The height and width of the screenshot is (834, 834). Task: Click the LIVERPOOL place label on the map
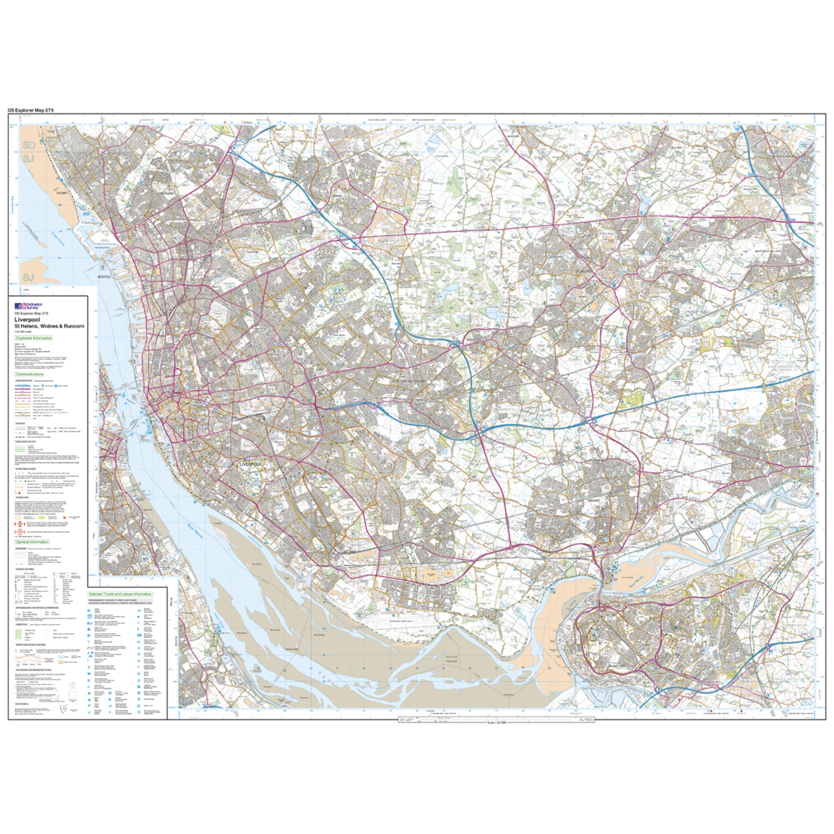(250, 464)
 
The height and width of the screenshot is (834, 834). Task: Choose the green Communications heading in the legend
(29, 374)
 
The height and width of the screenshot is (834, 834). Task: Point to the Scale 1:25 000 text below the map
(496, 723)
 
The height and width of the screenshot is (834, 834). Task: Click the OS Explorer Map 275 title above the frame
(31, 110)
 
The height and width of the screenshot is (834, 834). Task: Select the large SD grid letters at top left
(29, 145)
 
